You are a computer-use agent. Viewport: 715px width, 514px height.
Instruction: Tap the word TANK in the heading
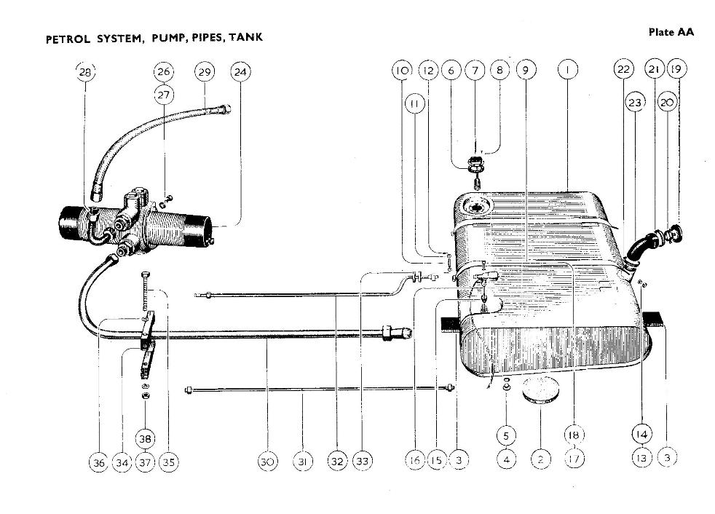pyautogui.click(x=245, y=37)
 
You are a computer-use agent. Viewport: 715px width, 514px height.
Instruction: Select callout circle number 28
pyautogui.click(x=85, y=71)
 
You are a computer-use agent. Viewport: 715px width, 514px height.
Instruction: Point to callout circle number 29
pyautogui.click(x=205, y=71)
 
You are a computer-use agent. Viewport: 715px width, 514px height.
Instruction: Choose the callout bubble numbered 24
pyautogui.click(x=240, y=71)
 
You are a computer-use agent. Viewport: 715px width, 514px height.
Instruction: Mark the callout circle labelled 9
pyautogui.click(x=525, y=70)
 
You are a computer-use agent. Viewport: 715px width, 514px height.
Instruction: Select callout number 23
pyautogui.click(x=635, y=103)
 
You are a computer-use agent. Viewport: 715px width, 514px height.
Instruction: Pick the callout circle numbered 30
pyautogui.click(x=267, y=461)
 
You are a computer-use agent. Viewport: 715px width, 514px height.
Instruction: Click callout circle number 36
pyautogui.click(x=98, y=461)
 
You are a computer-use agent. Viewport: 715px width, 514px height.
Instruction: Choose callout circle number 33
pyautogui.click(x=362, y=461)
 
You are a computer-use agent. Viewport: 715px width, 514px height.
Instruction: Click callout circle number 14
pyautogui.click(x=641, y=435)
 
